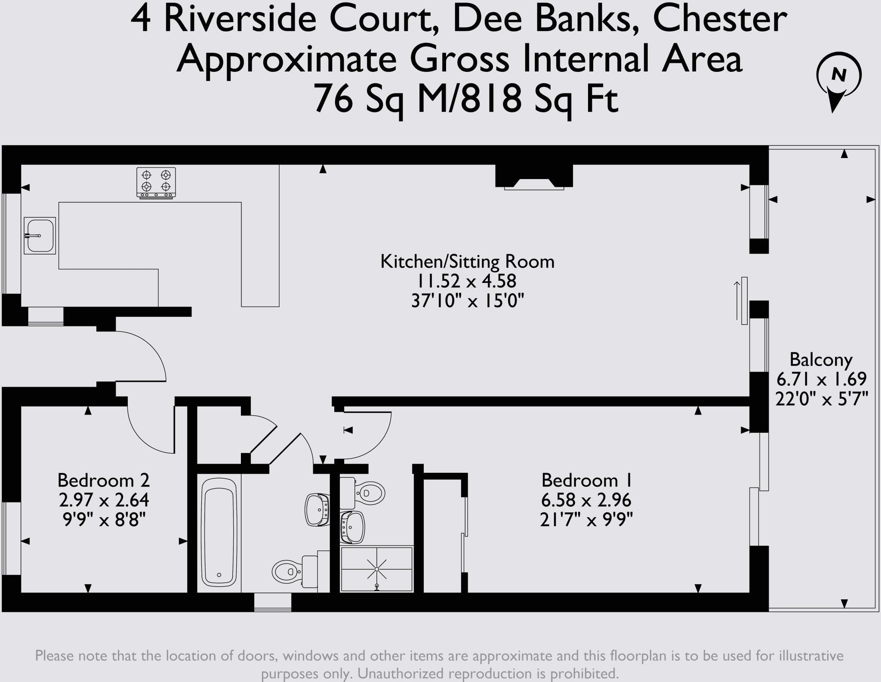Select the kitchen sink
(x=40, y=236)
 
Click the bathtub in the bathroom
(x=219, y=531)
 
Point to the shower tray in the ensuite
(x=377, y=569)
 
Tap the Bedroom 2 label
(x=103, y=480)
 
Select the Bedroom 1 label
(x=586, y=480)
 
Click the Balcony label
(x=821, y=360)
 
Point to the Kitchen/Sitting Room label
(x=467, y=261)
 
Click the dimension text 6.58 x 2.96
(x=586, y=500)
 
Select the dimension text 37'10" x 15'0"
(x=467, y=301)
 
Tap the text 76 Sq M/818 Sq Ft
(x=466, y=99)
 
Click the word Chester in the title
(x=720, y=19)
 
